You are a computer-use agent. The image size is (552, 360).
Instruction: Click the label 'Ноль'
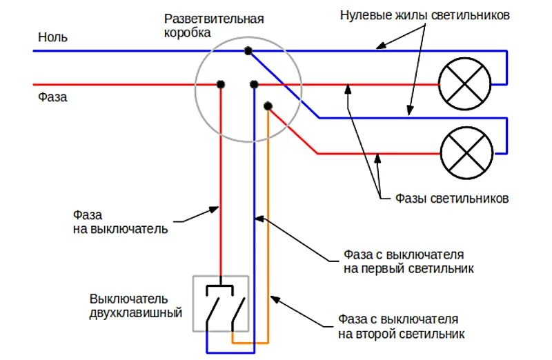click(x=52, y=37)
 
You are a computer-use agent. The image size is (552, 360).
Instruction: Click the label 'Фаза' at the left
click(x=52, y=97)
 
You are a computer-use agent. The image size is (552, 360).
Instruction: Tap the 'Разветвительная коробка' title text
click(x=213, y=26)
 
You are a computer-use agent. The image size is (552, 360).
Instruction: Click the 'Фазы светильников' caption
click(x=452, y=199)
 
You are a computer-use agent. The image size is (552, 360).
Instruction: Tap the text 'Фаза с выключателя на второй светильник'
click(x=401, y=327)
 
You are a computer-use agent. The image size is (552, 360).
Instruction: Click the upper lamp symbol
click(x=466, y=84)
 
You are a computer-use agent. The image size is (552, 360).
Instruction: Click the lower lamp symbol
click(x=466, y=153)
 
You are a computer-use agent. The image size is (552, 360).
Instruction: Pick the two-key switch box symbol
click(x=221, y=303)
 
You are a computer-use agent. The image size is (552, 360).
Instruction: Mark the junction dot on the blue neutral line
click(x=247, y=50)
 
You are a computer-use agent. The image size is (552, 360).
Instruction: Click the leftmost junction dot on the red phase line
click(x=221, y=84)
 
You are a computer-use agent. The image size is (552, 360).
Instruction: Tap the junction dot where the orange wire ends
click(x=268, y=106)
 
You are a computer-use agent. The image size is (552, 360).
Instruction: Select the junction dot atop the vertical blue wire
click(x=254, y=84)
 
